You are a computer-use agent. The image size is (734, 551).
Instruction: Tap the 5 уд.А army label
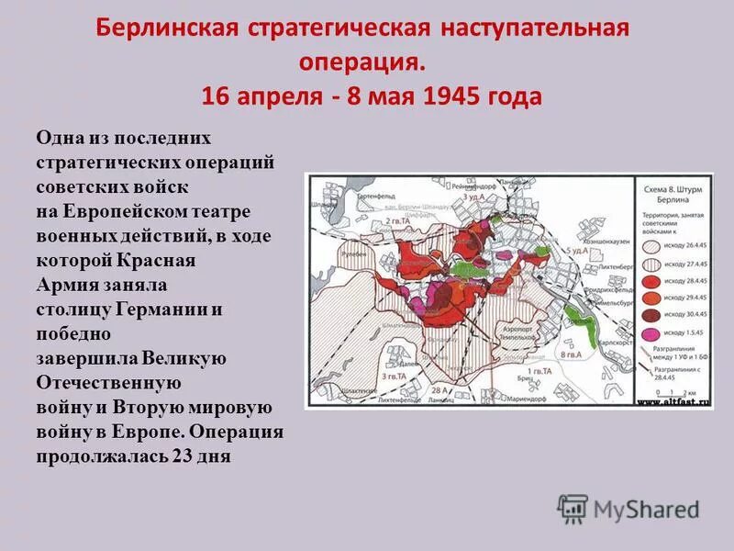pyautogui.click(x=577, y=250)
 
